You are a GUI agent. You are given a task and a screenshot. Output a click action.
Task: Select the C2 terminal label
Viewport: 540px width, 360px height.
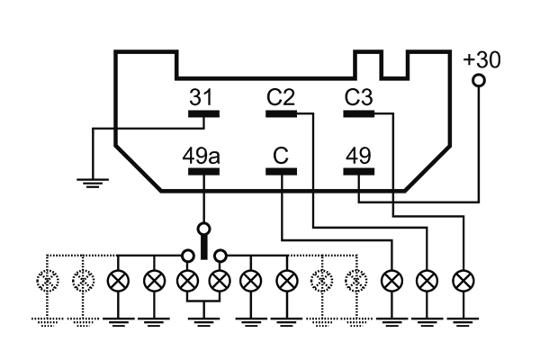coord(281,96)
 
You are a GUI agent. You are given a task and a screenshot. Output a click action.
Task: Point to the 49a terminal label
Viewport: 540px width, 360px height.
coord(202,156)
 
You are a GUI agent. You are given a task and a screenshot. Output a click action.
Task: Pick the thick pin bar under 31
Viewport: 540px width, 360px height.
coord(203,114)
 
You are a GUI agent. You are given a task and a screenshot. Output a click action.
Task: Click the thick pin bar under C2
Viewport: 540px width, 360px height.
coord(282,114)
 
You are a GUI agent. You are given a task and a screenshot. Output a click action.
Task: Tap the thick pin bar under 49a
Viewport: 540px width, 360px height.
coord(203,174)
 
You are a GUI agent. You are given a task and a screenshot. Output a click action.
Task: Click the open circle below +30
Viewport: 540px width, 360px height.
coord(479,81)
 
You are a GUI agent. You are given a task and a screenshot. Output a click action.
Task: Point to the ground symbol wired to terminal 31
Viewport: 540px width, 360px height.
coord(91,182)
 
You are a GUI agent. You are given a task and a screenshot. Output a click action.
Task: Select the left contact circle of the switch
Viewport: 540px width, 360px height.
coord(188,254)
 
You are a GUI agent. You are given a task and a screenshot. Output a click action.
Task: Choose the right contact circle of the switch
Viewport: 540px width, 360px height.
coord(220,254)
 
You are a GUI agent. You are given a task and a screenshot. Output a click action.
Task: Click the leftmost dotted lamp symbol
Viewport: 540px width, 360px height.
coord(47,280)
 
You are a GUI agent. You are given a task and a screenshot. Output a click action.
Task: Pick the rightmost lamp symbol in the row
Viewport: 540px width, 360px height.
coord(463,280)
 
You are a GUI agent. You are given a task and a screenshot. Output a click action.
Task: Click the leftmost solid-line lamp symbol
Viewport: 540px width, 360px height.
coord(118,280)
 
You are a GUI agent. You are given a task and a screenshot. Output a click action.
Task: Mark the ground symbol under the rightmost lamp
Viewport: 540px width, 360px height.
coord(463,319)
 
